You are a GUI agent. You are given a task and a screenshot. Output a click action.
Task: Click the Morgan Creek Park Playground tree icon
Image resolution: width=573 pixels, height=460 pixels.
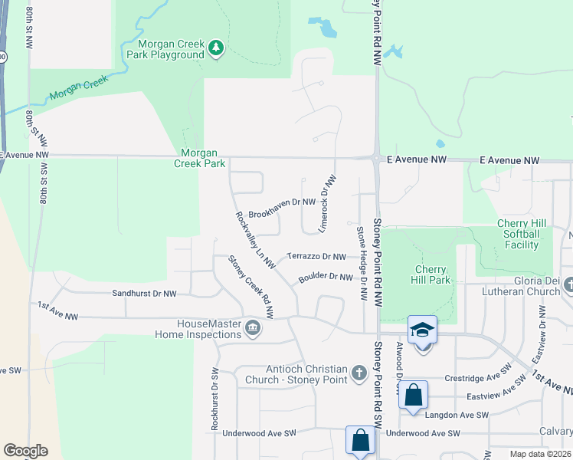coord(217,48)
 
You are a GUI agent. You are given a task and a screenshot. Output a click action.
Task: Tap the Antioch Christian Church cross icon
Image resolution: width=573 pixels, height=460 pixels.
coord(359,373)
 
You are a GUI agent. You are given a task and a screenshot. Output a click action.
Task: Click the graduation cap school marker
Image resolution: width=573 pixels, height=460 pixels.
coord(422,330)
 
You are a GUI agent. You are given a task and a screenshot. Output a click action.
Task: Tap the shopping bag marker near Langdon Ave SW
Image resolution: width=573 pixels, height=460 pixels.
coord(413,396)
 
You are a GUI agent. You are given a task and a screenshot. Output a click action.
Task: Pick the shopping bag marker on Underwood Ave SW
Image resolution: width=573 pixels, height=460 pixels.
coord(360,441)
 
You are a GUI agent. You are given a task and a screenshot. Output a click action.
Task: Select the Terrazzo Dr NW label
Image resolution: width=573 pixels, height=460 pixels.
coord(316,256)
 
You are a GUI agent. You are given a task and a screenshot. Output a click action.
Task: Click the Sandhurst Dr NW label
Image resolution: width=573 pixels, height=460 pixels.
coord(144,294)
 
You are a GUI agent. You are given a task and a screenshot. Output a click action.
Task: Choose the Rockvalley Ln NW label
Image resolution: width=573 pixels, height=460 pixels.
coord(255,239)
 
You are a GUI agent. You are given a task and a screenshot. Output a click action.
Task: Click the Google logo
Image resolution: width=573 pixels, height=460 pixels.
coord(25,451)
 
